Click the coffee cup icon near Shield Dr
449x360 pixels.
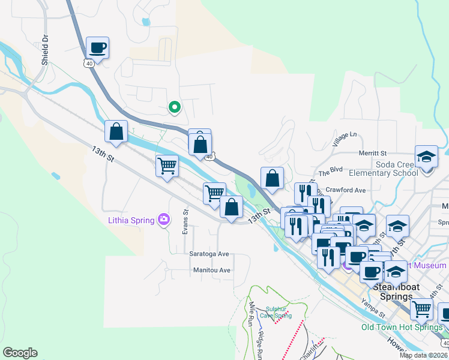point(97,47)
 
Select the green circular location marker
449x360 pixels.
point(175,107)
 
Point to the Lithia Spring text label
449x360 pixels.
point(130,220)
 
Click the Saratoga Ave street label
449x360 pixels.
point(210,254)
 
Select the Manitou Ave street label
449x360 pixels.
point(212,270)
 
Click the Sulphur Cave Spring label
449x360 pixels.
point(279,313)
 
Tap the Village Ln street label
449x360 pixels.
point(345,140)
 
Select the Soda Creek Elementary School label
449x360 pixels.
point(387,169)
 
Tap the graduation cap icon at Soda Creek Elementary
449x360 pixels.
point(427,157)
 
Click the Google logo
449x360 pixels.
point(20,353)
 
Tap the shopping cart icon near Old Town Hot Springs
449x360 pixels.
point(422,310)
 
